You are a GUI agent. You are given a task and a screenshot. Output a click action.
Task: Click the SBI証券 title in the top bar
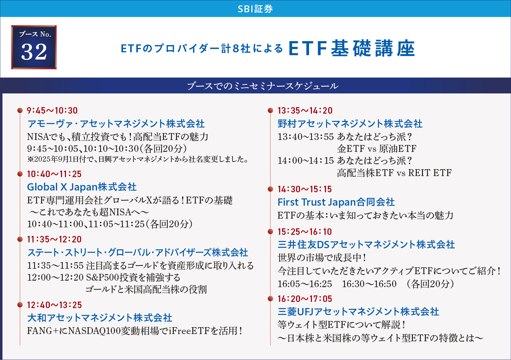click(255, 9)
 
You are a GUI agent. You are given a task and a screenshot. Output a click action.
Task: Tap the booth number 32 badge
click(34, 47)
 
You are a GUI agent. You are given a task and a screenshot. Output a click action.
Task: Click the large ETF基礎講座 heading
click(352, 48)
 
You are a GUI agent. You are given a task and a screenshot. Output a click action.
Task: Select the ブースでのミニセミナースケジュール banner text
click(263, 86)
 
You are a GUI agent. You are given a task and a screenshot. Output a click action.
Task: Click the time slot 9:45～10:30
click(52, 111)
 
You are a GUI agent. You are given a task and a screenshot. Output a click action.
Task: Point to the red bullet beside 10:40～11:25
click(20, 174)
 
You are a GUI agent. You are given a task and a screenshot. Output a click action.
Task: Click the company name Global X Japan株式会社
click(82, 187)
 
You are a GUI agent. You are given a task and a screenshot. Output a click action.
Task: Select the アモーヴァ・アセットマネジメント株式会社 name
click(116, 124)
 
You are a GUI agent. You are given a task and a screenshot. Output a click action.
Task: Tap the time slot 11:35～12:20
click(54, 239)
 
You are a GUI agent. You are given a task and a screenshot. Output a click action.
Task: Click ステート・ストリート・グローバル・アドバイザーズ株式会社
click(137, 253)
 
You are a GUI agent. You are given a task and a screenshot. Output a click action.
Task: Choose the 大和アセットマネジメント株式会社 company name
click(100, 318)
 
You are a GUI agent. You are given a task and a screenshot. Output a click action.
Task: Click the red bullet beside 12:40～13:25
click(20, 305)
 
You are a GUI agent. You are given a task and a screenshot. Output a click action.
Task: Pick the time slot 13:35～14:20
click(305, 111)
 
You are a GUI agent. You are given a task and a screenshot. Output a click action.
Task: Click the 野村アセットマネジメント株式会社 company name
click(350, 124)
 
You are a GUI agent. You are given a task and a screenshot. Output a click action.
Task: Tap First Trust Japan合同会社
click(336, 202)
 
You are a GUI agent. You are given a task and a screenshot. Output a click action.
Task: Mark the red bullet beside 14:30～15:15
click(270, 189)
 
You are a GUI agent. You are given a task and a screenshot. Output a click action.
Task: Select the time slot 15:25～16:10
click(305, 232)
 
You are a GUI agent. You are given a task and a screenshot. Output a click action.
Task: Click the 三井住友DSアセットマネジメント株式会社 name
click(366, 245)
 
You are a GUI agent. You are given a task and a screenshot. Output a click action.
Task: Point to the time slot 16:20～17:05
click(305, 299)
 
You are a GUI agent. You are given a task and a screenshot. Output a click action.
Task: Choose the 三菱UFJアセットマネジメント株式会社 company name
click(358, 312)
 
